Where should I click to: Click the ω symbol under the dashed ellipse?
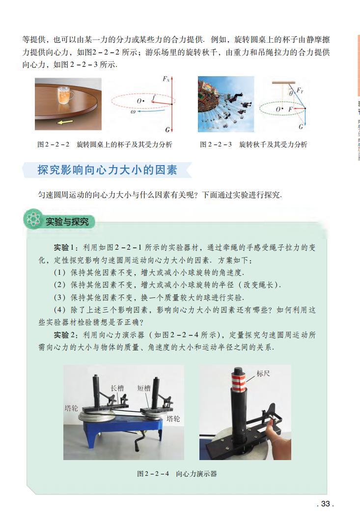(x=133, y=112)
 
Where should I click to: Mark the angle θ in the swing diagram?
(x=291, y=91)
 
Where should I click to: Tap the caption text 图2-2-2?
(x=54, y=145)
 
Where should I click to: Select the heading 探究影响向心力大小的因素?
(x=107, y=170)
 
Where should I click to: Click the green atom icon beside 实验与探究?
(x=33, y=220)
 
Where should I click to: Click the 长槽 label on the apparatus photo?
(x=117, y=387)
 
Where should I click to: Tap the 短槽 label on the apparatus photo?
(x=143, y=388)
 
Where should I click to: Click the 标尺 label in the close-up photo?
(x=263, y=374)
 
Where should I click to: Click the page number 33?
(x=326, y=503)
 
